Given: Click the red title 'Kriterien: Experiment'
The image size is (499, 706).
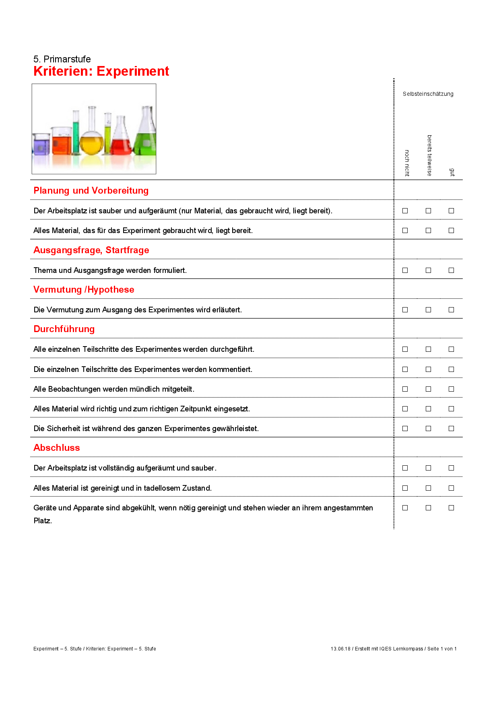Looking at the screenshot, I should coord(101,71).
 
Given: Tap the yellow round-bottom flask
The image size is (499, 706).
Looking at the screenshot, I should coord(91,143).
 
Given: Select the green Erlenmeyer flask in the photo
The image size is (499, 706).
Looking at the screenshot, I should coord(145,139).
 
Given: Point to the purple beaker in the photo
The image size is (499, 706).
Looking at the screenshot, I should coord(41,145).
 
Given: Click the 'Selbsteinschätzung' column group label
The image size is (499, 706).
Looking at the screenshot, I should coord(428,94).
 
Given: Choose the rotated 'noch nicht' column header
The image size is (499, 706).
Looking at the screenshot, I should coord(407,163).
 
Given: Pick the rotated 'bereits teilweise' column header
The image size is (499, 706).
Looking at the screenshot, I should coord(429,155).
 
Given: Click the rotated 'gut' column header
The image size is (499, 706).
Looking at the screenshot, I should coord(452,172).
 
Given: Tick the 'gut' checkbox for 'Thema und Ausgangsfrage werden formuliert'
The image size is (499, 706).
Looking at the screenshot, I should coord(451,270).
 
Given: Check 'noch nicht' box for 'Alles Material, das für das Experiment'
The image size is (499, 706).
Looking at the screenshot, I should coord(405,230).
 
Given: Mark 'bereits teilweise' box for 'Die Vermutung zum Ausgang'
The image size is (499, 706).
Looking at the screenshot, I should coord(428,310).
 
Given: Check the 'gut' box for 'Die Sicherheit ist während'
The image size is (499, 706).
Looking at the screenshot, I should coord(451,428).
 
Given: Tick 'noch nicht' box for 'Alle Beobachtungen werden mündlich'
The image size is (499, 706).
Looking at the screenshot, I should coord(405,389).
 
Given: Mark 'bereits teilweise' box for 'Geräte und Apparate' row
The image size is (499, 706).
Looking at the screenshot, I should coord(428,508).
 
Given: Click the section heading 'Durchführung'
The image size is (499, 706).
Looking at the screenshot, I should coord(64,329).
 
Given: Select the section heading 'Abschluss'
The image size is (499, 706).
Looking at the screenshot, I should coord(57,448).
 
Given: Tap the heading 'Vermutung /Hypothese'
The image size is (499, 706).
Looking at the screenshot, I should coord(84,289).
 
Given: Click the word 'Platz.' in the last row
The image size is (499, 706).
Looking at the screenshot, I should coord(43,520).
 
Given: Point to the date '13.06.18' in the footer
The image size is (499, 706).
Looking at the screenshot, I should coord(340,648).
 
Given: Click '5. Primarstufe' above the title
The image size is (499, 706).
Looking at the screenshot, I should coord(62,59).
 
